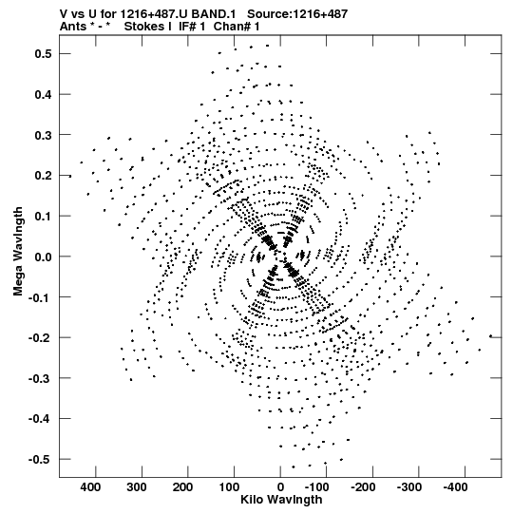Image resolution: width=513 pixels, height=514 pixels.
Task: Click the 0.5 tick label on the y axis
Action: pyautogui.click(x=44, y=54)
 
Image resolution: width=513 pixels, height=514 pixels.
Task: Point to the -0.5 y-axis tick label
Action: pyautogui.click(x=40, y=459)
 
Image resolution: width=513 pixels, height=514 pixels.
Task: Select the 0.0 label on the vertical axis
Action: pyautogui.click(x=44, y=257)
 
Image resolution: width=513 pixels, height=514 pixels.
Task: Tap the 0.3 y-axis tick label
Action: pyautogui.click(x=44, y=135)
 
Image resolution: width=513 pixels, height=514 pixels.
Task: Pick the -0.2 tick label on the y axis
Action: pyautogui.click(x=40, y=337)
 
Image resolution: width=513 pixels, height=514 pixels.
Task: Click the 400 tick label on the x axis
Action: pyautogui.click(x=90, y=487)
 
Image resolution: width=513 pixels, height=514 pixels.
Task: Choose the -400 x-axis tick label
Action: pyautogui.click(x=455, y=487)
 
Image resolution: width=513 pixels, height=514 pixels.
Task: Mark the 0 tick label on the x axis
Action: pyautogui.click(x=280, y=487)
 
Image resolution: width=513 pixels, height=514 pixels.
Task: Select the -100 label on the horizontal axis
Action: pyautogui.click(x=317, y=487)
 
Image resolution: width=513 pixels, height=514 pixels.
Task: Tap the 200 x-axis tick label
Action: pyautogui.click(x=182, y=487)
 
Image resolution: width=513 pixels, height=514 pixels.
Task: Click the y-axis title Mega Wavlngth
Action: pyautogui.click(x=18, y=252)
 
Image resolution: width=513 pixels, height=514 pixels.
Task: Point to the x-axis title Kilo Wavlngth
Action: pyautogui.click(x=281, y=500)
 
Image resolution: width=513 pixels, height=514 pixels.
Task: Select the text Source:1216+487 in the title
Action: pyautogui.click(x=297, y=14)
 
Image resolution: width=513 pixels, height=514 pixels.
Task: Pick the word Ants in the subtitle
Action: pyautogui.click(x=73, y=27)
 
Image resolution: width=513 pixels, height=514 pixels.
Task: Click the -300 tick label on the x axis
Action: pyautogui.click(x=409, y=487)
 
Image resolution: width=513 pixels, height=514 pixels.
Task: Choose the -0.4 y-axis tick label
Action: pyautogui.click(x=40, y=419)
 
